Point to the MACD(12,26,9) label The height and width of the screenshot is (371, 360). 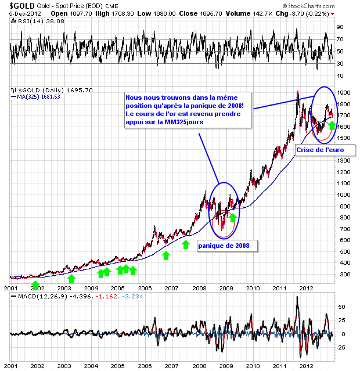[38, 297]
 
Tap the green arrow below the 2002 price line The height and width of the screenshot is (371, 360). [36, 284]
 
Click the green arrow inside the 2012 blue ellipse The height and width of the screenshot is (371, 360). [332, 125]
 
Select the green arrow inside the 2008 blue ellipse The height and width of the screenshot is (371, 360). [233, 218]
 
